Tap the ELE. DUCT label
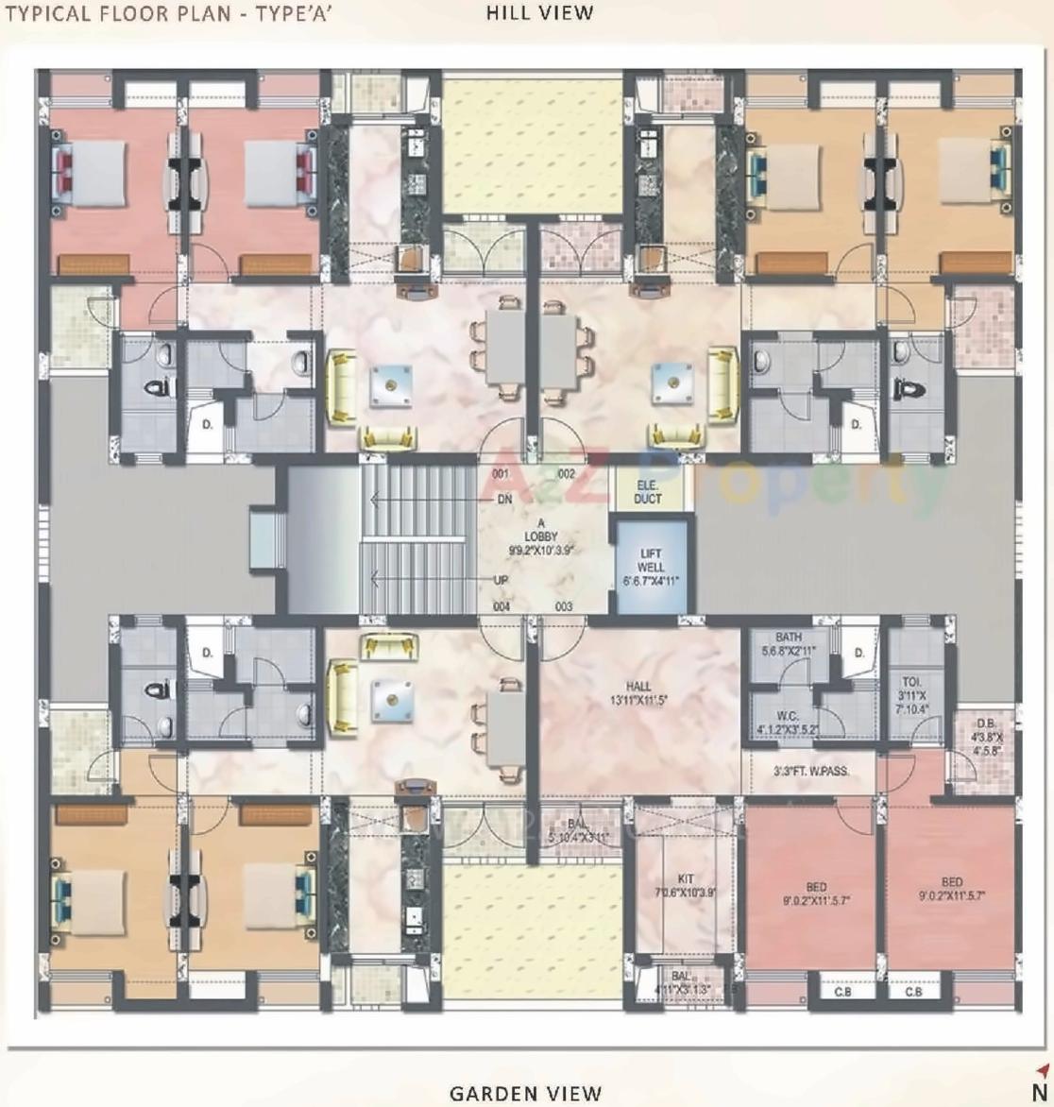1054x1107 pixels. pos(648,491)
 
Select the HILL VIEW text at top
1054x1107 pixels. pos(539,12)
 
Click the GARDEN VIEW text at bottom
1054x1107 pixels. pos(525,1094)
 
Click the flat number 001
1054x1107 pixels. pos(501,473)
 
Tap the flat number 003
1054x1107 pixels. pos(564,606)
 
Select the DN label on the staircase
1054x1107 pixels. pos(505,498)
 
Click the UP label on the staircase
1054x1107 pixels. pos(502,580)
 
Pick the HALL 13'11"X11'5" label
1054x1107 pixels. pos(638,692)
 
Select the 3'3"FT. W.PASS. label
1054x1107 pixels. pos(809,771)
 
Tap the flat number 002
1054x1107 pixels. pos(567,473)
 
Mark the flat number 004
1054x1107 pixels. pos(501,606)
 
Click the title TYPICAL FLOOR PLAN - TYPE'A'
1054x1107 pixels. pos(169,12)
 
